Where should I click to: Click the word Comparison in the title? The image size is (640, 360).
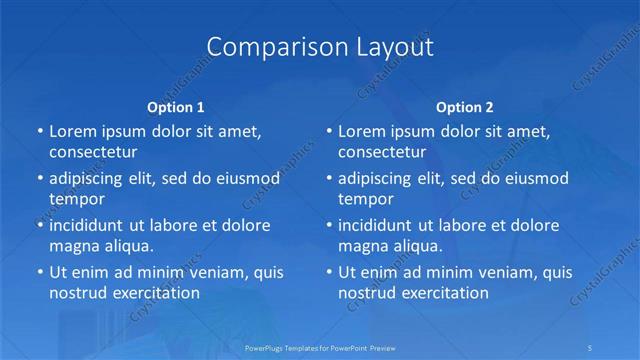tap(265, 47)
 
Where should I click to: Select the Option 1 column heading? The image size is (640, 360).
tap(176, 107)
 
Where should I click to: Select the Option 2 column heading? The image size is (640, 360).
tap(465, 107)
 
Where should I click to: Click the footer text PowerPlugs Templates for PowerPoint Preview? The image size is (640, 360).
tap(320, 347)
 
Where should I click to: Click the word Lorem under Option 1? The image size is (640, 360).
tap(72, 131)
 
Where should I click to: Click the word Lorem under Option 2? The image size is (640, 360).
tap(361, 131)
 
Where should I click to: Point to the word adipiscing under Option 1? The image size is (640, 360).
tap(92, 179)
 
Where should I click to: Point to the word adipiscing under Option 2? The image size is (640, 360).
tap(381, 179)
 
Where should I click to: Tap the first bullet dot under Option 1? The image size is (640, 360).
tap(39, 131)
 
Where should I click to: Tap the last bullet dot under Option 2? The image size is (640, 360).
tap(328, 272)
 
